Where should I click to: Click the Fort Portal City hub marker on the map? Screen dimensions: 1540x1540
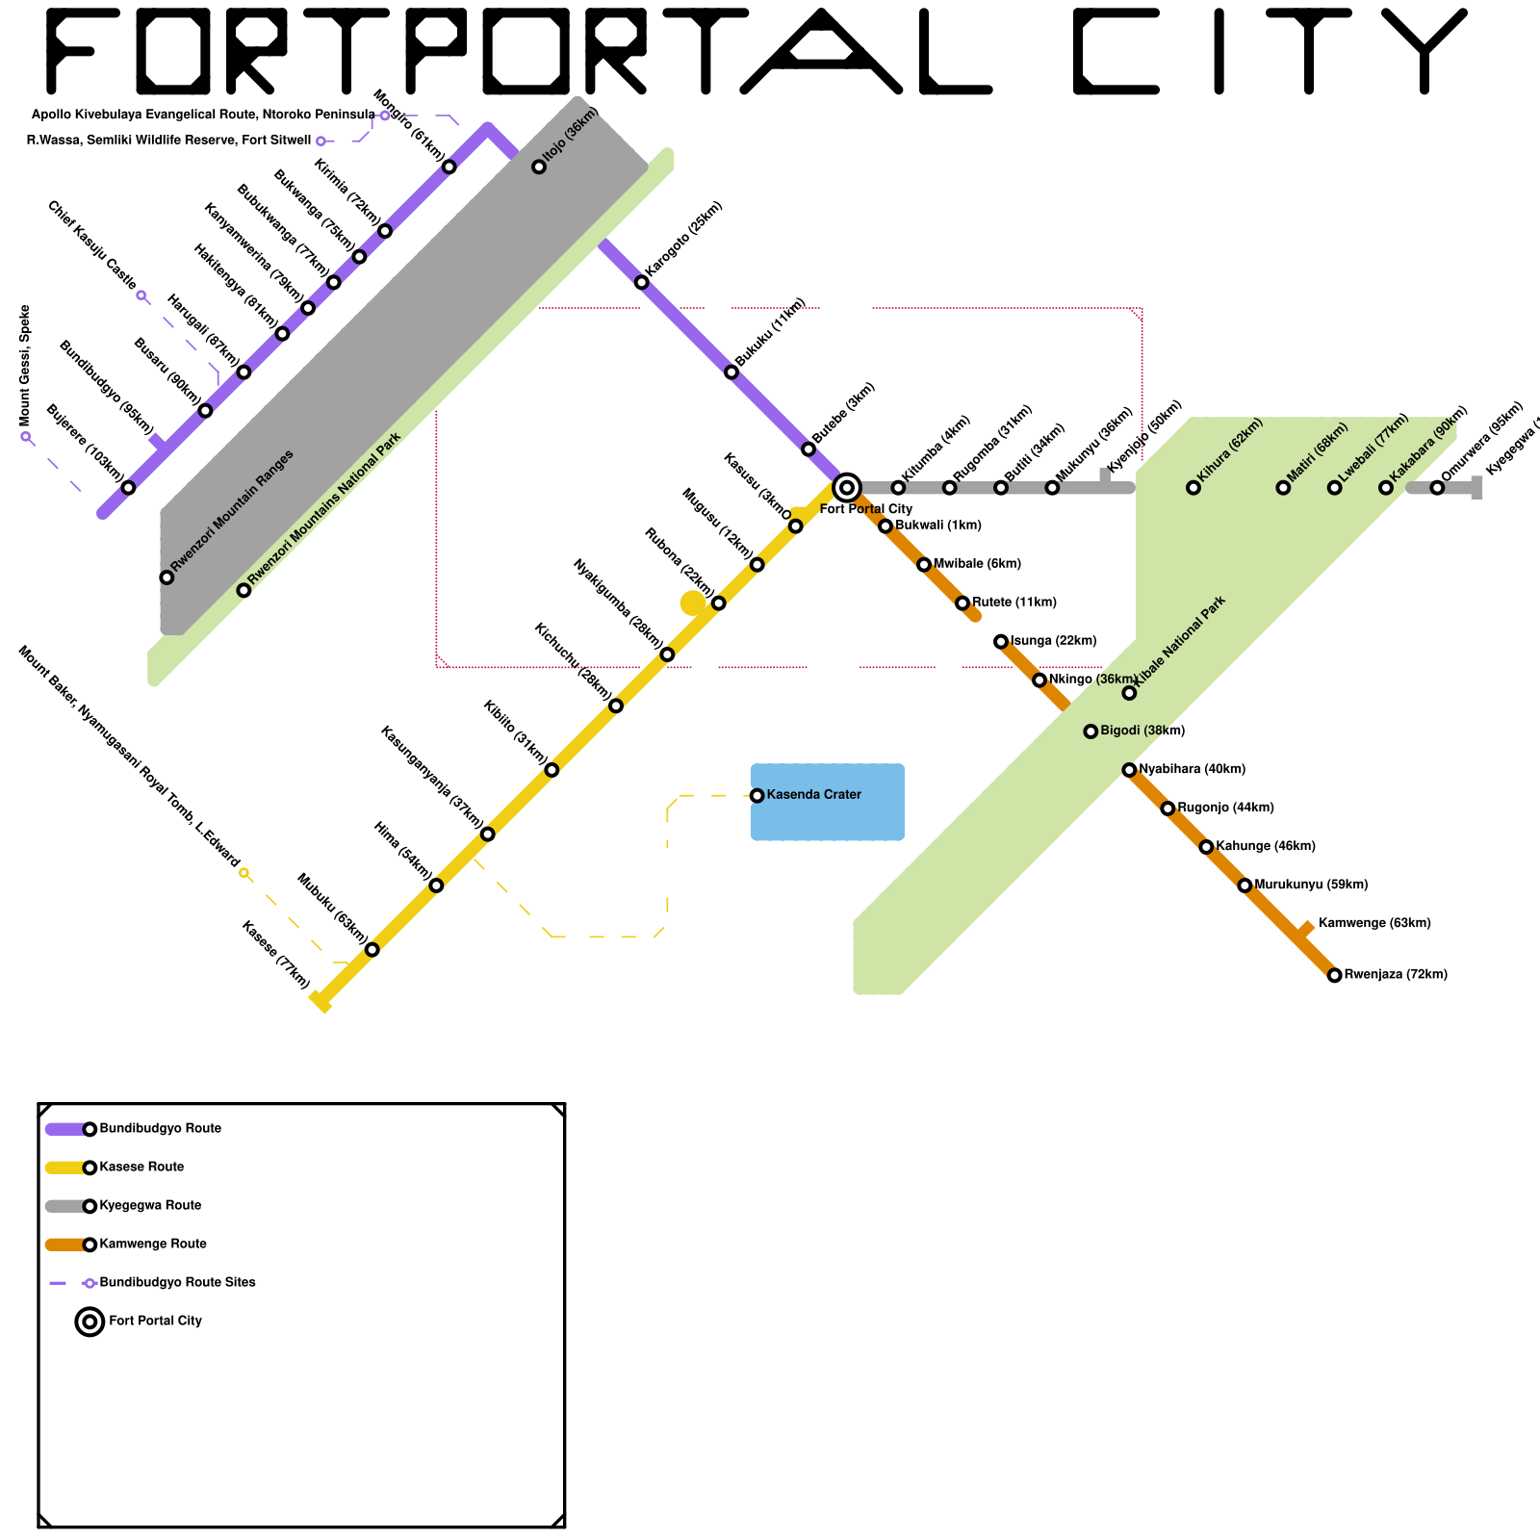point(847,487)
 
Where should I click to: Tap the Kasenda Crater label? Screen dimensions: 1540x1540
point(813,795)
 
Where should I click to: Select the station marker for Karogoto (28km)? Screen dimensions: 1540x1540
point(642,282)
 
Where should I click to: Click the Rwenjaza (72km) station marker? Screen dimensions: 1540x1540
point(1334,975)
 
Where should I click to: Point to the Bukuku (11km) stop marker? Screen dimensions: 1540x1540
point(731,372)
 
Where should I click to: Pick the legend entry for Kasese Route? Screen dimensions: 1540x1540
point(141,1167)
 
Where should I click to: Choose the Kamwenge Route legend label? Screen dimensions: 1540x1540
point(153,1244)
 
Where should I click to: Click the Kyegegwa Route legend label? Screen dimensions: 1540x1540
point(150,1205)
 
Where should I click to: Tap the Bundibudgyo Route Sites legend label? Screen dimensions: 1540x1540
point(177,1282)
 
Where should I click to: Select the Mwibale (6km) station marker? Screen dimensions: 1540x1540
point(924,564)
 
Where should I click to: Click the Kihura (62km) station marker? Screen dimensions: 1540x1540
point(1193,487)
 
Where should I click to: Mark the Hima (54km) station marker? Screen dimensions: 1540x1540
point(436,885)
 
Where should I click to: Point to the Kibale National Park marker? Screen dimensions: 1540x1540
point(1129,693)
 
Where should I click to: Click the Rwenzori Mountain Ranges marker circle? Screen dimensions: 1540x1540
point(167,577)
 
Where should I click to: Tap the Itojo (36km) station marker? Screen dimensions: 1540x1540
point(539,167)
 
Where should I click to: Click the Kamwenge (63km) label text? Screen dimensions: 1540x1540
point(1373,923)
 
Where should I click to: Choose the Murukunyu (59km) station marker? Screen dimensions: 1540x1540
point(1245,885)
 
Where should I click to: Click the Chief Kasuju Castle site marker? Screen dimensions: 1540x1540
point(141,295)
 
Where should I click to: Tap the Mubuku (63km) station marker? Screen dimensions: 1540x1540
point(372,950)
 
